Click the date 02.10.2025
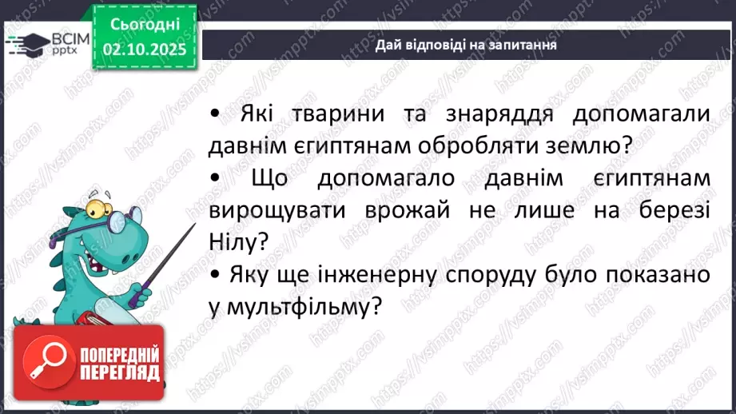pyautogui.click(x=144, y=50)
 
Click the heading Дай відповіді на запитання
pyautogui.click(x=466, y=46)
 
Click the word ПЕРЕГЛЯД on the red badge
pyautogui.click(x=118, y=372)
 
